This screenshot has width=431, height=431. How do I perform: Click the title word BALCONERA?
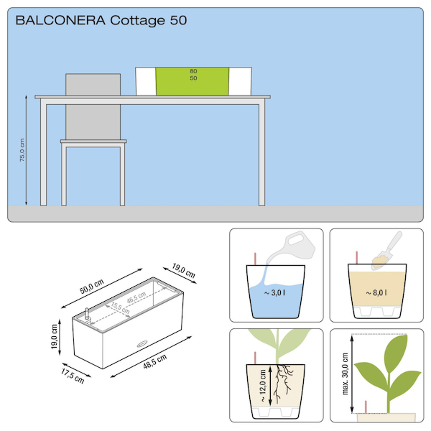click(x=60, y=20)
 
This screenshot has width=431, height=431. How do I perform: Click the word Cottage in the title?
click(x=137, y=21)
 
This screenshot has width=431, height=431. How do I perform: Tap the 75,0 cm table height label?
click(x=22, y=150)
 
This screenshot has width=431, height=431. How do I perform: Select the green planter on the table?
click(x=193, y=81)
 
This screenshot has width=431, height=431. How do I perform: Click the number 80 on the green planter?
click(x=193, y=71)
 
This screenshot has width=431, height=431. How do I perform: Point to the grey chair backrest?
click(x=93, y=106)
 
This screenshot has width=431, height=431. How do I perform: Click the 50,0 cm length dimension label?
click(x=92, y=287)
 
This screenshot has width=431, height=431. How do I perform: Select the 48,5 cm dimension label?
click(x=154, y=361)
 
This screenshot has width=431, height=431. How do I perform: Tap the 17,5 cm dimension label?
click(x=73, y=376)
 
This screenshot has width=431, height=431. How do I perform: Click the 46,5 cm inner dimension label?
click(x=136, y=297)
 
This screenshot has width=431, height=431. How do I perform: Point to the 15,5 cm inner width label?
click(x=120, y=308)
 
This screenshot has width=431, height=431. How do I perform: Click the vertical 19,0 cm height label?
click(x=54, y=336)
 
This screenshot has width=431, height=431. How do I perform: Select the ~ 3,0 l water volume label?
click(x=274, y=293)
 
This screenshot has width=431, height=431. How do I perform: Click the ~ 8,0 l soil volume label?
click(x=376, y=293)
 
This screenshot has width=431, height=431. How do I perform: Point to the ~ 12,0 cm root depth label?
click(x=262, y=385)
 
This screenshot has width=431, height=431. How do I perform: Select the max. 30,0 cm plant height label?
click(x=345, y=374)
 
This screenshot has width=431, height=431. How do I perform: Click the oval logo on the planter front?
click(x=142, y=343)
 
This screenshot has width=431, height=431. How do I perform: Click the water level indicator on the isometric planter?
click(x=88, y=314)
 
